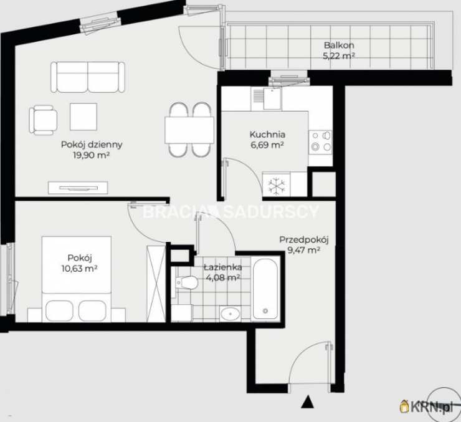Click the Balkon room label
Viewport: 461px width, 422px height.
(339, 46)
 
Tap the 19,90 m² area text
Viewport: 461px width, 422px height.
(92, 155)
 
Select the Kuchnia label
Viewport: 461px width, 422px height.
(267, 135)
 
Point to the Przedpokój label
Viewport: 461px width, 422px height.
(304, 240)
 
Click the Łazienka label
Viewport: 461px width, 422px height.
(223, 267)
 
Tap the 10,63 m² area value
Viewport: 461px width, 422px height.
(79, 269)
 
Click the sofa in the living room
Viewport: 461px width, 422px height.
(88, 77)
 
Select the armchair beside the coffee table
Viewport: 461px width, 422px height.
(43, 120)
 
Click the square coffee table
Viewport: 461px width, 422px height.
(83, 117)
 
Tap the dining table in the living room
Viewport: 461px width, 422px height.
(189, 130)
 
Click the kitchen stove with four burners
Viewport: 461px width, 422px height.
(320, 142)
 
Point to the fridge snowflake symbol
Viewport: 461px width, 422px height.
(277, 186)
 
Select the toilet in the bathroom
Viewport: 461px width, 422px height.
(187, 282)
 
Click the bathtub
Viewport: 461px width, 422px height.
(265, 289)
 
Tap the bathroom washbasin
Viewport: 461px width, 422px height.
(230, 314)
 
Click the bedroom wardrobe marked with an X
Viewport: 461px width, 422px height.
(156, 284)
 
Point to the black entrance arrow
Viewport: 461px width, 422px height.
(308, 401)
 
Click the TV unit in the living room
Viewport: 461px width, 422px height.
(78, 188)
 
